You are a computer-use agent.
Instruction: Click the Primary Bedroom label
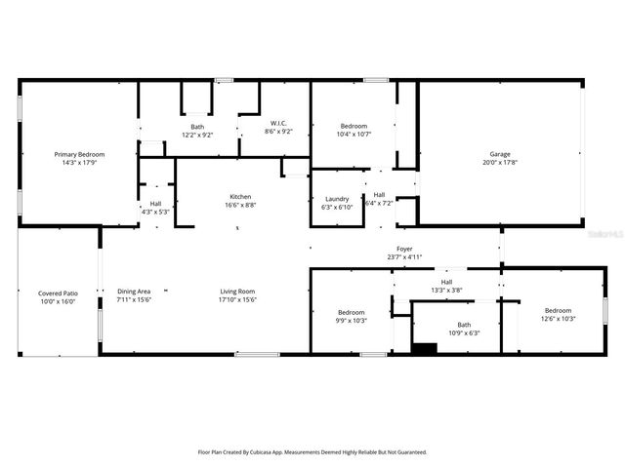click(x=79, y=154)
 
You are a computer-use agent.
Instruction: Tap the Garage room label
click(x=500, y=154)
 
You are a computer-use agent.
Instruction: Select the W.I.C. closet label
click(x=277, y=123)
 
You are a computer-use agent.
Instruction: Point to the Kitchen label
click(x=240, y=195)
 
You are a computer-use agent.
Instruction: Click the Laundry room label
click(x=337, y=199)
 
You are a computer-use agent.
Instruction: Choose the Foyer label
click(x=403, y=250)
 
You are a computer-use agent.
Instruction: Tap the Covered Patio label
click(x=58, y=292)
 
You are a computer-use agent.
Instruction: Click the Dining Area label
click(x=134, y=292)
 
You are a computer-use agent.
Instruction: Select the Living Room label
click(x=235, y=292)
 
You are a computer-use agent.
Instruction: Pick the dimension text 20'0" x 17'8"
click(x=500, y=163)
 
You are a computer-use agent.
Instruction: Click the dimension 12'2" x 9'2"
click(x=198, y=135)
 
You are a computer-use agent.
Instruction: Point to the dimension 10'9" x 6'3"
click(x=464, y=333)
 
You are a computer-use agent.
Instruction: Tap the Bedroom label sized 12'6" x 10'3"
click(x=559, y=311)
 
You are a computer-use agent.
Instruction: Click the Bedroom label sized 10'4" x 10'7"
click(x=354, y=126)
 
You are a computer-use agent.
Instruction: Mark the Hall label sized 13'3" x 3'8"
click(x=447, y=282)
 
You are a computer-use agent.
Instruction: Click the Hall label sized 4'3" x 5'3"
click(x=155, y=203)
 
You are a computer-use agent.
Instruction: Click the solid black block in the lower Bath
click(x=424, y=348)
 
